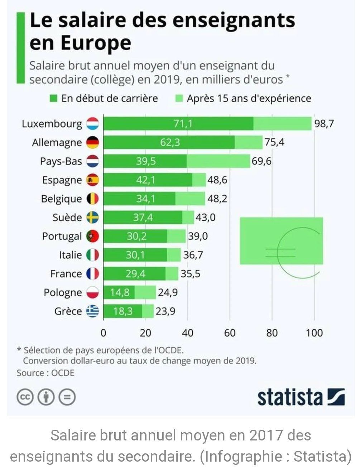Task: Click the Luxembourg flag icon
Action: point(92,124)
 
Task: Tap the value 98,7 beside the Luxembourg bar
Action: point(324,124)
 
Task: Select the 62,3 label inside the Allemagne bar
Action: point(170,142)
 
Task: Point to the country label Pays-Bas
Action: point(61,161)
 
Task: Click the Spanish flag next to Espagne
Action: point(92,180)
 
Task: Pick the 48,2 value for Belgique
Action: point(217,199)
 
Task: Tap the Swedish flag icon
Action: point(92,217)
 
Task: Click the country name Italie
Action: point(70,255)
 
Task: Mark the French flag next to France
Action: point(92,274)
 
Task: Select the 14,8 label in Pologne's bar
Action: point(120,292)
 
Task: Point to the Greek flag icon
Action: point(92,311)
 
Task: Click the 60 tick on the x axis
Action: point(230,333)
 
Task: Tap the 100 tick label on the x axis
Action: point(314,333)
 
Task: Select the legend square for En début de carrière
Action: point(54,99)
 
